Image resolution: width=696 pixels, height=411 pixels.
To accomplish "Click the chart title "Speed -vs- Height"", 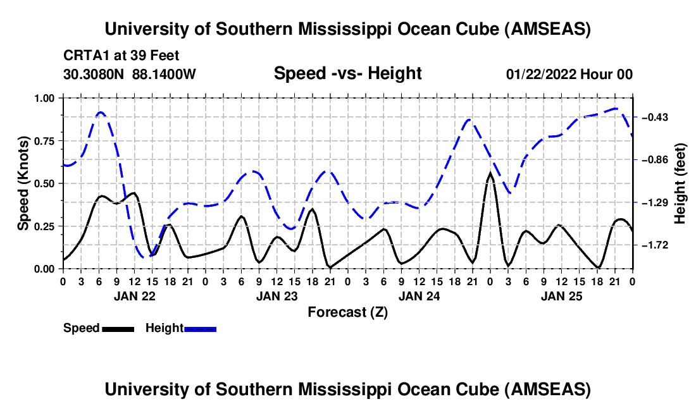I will (347, 73).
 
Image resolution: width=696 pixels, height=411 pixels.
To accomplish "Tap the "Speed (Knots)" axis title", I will (23, 183).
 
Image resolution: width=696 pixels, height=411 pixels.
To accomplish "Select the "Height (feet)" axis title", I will (680, 183).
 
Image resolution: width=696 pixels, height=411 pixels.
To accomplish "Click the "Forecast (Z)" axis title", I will (347, 312).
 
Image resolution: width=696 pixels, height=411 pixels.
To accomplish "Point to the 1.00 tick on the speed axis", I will (44, 98).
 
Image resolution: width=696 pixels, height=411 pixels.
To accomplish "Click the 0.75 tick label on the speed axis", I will (44, 141).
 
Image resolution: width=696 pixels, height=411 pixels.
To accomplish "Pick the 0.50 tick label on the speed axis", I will (44, 183).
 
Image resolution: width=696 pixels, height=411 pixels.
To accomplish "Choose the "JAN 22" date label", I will (134, 295).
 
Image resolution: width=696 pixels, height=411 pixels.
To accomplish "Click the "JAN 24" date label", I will (419, 295).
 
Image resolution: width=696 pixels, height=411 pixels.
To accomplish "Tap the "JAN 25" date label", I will (561, 295).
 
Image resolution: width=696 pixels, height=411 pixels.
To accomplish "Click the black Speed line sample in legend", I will (118, 329).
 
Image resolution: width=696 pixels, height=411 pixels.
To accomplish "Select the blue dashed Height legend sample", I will (201, 329).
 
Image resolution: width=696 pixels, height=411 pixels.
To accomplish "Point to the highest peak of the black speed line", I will (490, 173).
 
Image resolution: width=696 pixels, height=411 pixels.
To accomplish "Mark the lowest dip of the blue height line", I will (145, 257).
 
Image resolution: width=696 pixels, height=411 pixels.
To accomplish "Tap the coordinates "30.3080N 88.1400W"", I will (130, 74).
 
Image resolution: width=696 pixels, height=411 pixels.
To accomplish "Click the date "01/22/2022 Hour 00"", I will (569, 74).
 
